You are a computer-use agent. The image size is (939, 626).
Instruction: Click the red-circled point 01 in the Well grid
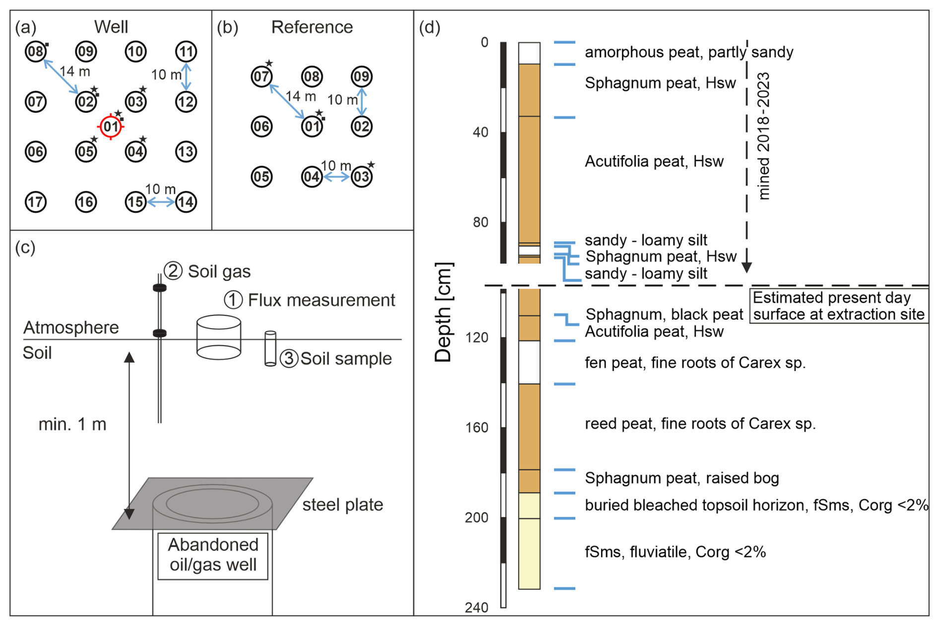click(x=111, y=127)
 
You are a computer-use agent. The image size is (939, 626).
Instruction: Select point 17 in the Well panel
click(x=36, y=202)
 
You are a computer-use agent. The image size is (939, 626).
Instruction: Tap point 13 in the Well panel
click(x=186, y=151)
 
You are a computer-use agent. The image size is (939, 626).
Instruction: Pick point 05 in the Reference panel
click(x=262, y=177)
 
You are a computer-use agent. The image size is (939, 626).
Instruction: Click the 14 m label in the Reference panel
click(x=301, y=96)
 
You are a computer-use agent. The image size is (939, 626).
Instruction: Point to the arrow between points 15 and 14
click(x=161, y=202)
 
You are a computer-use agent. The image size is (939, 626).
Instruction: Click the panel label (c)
click(x=25, y=247)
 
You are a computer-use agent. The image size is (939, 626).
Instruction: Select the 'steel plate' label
click(x=342, y=505)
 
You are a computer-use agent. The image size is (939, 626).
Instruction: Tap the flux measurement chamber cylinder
click(x=219, y=337)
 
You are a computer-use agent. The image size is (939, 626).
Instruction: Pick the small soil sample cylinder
click(x=270, y=348)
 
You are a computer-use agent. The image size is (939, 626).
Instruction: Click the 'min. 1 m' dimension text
click(x=72, y=424)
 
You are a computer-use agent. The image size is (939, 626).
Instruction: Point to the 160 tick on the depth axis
click(x=476, y=427)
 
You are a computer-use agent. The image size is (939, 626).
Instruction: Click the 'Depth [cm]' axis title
click(x=443, y=313)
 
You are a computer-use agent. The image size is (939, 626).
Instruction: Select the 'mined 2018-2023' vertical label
click(x=764, y=136)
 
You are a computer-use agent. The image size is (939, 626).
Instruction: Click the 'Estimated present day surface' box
click(x=838, y=306)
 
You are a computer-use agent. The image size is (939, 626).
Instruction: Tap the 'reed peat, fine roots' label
click(x=700, y=423)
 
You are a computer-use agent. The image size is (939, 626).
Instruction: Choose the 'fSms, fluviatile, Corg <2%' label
click(x=675, y=552)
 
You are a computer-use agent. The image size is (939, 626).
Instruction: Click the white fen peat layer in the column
click(x=529, y=362)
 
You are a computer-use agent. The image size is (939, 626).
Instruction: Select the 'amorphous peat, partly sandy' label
click(x=689, y=52)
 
